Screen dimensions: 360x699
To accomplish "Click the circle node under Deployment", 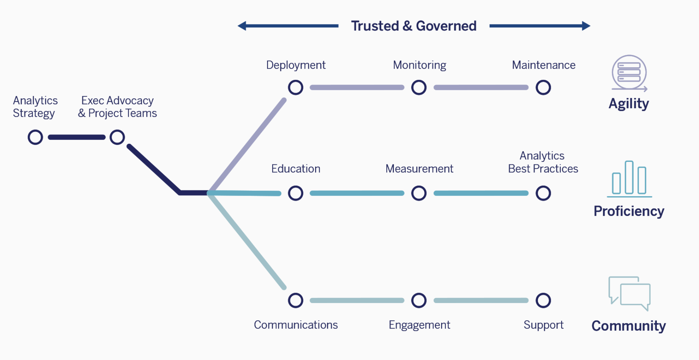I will (x=296, y=88).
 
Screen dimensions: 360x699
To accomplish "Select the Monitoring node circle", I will (x=419, y=88).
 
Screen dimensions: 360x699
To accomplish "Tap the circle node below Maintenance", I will (x=543, y=88).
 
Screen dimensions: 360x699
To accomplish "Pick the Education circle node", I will (x=296, y=193).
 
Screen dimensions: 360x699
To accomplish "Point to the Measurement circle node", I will (x=419, y=193).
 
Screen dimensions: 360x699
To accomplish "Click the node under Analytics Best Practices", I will (x=543, y=193).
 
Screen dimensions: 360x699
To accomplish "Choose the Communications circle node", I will (x=296, y=300).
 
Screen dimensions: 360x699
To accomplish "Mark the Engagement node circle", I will (x=419, y=300).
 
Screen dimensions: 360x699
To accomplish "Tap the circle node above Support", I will (x=543, y=300).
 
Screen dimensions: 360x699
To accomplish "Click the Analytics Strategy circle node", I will (x=35, y=137).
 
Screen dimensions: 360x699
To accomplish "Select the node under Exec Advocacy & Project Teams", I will (x=117, y=137).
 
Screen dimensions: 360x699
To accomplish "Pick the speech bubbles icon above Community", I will (x=629, y=293).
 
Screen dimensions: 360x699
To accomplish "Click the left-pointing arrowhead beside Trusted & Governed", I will (x=242, y=26).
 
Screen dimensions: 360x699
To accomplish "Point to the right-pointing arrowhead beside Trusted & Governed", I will (x=586, y=26).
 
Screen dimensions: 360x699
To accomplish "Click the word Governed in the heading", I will (x=446, y=26).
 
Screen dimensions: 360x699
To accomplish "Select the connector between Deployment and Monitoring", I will (x=357, y=88).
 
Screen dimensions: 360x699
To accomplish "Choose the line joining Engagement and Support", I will (x=481, y=300).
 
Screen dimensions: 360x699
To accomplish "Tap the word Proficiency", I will (x=629, y=211).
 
